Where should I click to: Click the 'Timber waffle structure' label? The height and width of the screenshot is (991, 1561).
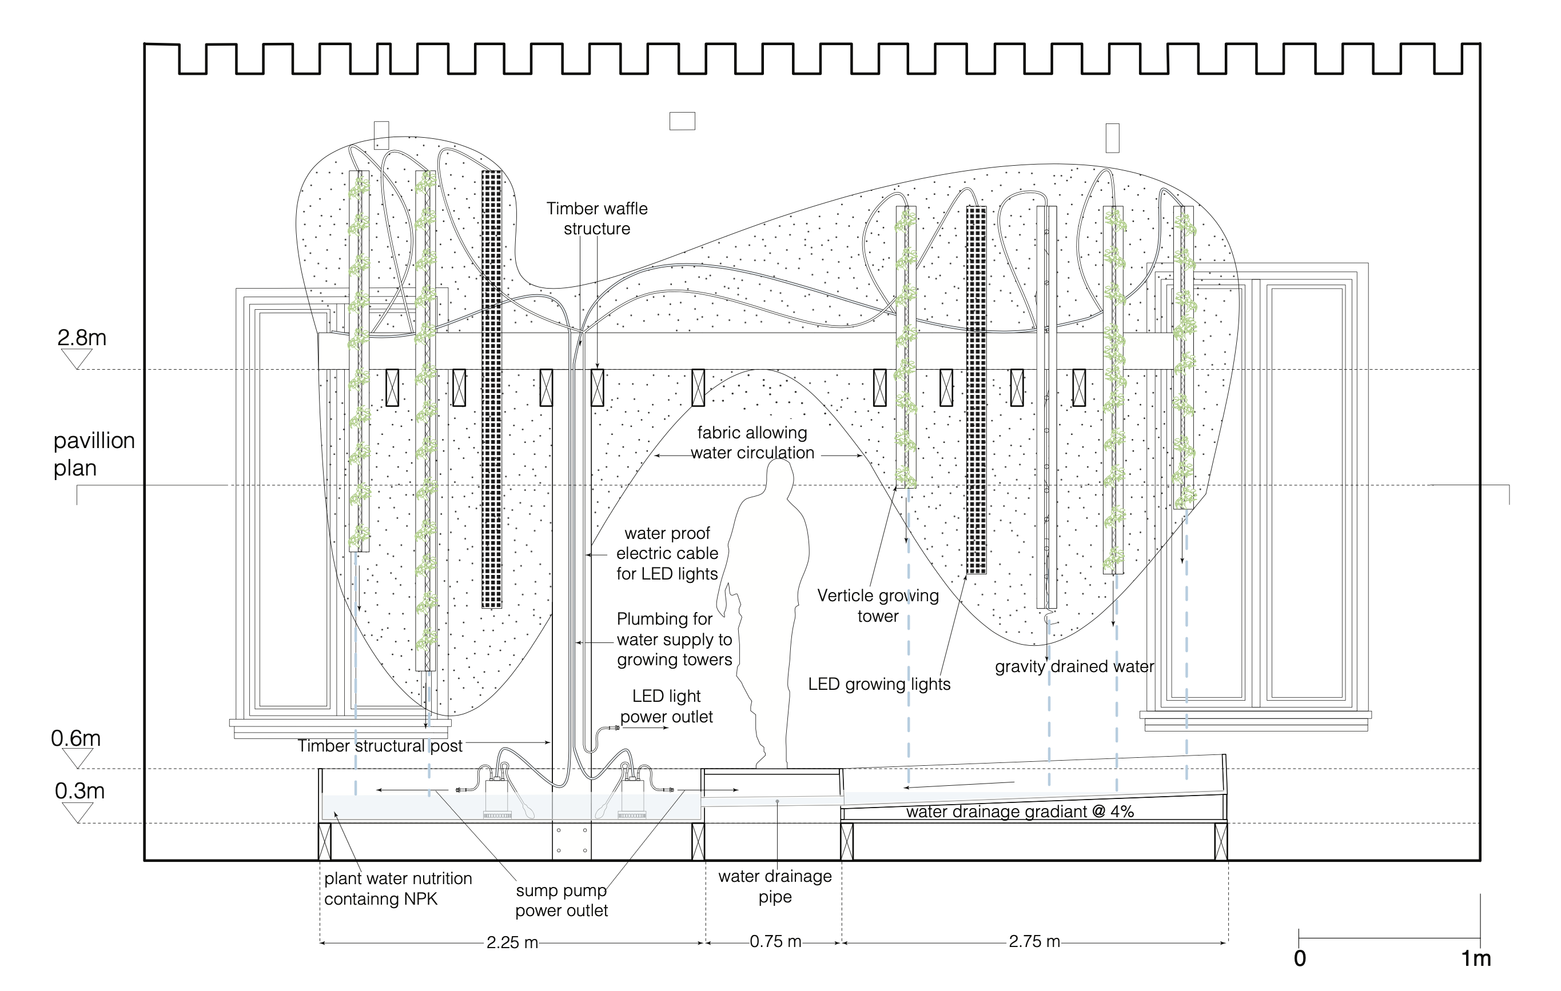tap(596, 218)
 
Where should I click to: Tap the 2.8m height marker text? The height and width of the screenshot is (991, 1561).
tap(82, 338)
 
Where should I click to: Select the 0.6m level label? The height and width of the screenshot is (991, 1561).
tap(76, 738)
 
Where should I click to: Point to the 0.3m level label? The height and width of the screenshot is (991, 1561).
tap(79, 791)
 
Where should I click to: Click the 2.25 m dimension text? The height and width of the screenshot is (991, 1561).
tap(512, 942)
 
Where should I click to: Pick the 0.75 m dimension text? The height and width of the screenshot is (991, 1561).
tap(775, 941)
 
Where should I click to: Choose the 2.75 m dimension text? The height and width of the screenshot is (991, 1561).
tap(1034, 941)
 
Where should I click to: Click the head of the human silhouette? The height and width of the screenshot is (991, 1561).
tap(779, 477)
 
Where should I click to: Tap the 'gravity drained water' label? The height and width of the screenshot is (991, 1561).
tap(1074, 666)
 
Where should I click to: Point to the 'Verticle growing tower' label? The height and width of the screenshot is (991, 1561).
tap(878, 605)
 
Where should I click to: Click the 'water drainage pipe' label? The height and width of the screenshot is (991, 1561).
tap(775, 886)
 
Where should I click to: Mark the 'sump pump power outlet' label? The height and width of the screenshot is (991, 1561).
tap(562, 900)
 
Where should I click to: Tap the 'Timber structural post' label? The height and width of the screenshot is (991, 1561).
tap(380, 746)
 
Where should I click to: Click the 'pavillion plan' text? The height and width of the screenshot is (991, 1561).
tap(94, 454)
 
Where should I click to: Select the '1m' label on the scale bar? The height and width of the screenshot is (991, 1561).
tap(1475, 958)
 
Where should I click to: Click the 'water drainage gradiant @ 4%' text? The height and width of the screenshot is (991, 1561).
tap(1020, 812)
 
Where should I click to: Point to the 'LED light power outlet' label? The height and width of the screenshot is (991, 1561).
tap(666, 706)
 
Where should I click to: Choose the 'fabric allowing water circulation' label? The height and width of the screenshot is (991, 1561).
tap(752, 443)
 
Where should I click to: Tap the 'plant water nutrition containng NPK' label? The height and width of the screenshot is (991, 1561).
tap(397, 889)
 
